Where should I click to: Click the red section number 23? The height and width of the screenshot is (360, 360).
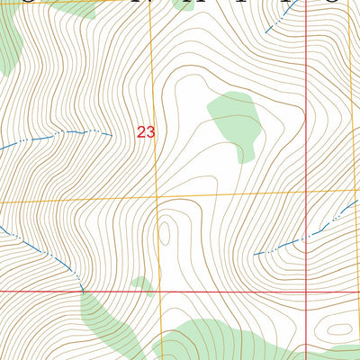tap(146, 131)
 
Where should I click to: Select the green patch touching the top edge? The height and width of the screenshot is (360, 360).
tap(72, 8)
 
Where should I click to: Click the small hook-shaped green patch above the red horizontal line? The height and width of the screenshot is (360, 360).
tap(141, 284)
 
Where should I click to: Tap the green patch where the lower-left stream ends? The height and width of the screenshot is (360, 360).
tap(106, 319)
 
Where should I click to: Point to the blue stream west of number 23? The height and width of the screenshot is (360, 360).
tap(54, 137)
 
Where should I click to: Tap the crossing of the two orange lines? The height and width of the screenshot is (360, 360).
tap(157, 197)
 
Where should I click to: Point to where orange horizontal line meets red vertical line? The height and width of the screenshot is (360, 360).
tap(307, 192)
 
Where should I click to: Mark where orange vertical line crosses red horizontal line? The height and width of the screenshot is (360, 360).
tap(161, 292)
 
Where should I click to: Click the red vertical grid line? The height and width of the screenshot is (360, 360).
tap(307, 108)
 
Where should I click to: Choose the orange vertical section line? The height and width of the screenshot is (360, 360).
tap(153, 72)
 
